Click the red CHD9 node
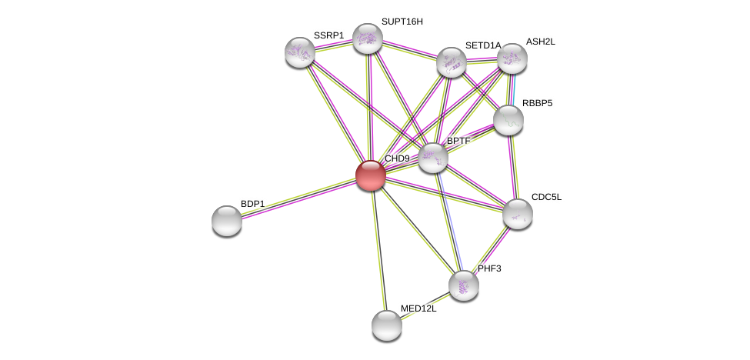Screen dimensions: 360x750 (370, 175)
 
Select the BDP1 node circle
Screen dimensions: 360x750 (227, 221)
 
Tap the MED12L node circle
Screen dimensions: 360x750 (387, 325)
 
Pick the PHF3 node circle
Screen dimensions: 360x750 (464, 285)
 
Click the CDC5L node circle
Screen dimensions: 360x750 (518, 214)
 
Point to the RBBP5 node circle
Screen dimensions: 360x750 (508, 120)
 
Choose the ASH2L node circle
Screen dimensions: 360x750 (512, 58)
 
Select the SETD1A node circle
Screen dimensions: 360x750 (452, 62)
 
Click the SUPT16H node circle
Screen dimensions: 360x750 (368, 38)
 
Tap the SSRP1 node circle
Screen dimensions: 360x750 (300, 52)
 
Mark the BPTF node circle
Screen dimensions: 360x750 (433, 158)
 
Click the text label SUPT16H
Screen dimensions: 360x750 (402, 22)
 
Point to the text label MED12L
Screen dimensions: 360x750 (418, 308)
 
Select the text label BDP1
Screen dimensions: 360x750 (252, 204)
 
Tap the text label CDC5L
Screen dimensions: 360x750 (547, 197)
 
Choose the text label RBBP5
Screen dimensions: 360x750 (537, 103)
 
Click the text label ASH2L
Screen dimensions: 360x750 (540, 42)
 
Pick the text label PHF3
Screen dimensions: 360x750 (489, 268)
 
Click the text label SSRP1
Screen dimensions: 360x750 (328, 35)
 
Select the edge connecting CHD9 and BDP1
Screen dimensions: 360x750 (298, 198)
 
